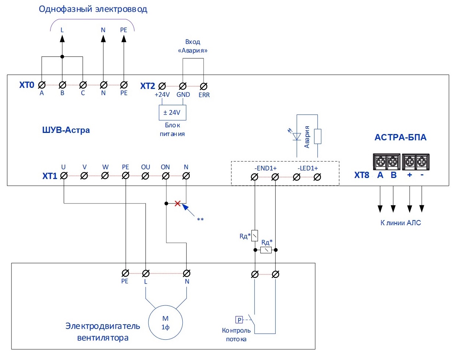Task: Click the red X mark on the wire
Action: (178, 203)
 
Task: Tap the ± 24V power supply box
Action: (172, 113)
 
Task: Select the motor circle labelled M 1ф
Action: (165, 322)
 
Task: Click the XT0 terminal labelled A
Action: (42, 85)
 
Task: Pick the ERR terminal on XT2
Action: (203, 86)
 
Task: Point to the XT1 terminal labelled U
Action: (64, 176)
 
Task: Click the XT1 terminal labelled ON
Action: (166, 176)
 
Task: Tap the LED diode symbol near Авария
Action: (297, 136)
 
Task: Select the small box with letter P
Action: (239, 320)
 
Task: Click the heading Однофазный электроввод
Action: (93, 9)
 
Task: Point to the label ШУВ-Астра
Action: (66, 130)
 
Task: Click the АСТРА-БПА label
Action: (400, 137)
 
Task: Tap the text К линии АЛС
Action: (401, 223)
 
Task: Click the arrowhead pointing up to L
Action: (62, 39)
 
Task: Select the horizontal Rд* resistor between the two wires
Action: (266, 250)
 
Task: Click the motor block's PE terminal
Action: (125, 273)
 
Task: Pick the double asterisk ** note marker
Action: (200, 220)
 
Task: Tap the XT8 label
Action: (362, 175)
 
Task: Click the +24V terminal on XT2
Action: (162, 86)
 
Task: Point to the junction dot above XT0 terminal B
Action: (62, 57)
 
